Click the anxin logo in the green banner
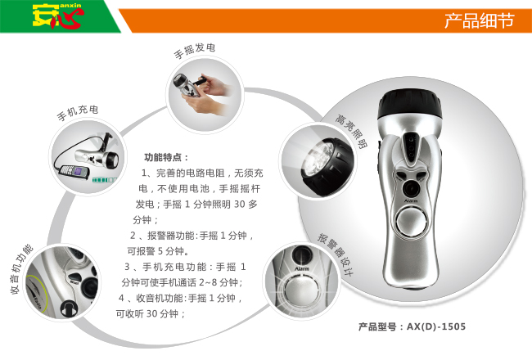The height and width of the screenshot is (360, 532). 58,16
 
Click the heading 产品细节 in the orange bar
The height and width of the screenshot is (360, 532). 480,20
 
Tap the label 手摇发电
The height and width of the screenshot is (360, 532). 195,51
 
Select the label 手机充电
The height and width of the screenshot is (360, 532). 78,112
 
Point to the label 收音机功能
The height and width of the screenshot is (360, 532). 21,269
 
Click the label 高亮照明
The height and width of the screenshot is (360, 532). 351,132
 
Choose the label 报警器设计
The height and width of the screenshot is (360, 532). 336,254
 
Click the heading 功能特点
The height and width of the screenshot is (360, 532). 166,157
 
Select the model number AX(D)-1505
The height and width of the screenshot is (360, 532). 436,326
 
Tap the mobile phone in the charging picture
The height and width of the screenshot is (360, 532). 74,170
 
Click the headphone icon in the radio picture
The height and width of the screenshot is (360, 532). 69,308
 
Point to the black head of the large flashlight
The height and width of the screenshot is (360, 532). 410,104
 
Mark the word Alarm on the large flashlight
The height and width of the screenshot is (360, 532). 411,201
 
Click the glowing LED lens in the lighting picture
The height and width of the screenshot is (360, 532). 318,159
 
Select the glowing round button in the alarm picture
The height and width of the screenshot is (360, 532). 301,290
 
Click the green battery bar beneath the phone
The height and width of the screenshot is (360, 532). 104,180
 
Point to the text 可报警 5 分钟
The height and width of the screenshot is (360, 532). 158,251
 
